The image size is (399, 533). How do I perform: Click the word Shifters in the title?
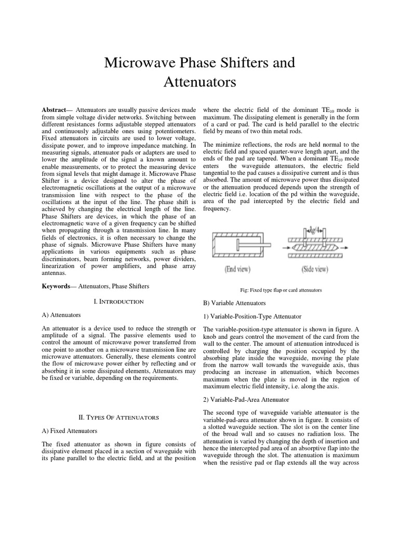(x=241, y=63)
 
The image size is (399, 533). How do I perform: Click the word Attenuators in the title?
(x=200, y=82)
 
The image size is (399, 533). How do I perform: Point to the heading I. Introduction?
(x=118, y=301)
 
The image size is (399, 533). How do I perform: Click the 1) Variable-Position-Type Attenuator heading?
(x=252, y=316)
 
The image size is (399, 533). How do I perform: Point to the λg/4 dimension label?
(x=314, y=227)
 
